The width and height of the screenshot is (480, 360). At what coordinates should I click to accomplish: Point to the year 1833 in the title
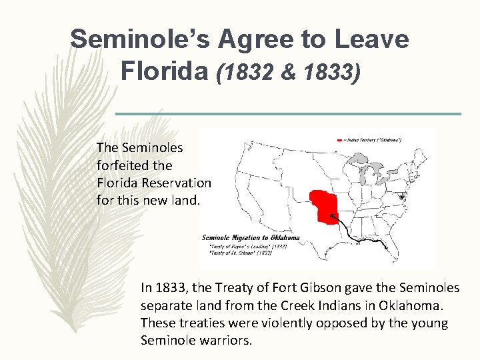tap(326, 71)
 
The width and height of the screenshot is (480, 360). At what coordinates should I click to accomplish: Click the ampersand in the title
tap(288, 71)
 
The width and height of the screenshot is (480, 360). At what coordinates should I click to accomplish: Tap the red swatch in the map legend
tap(339, 140)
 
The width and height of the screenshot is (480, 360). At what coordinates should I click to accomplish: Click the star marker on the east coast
tap(401, 197)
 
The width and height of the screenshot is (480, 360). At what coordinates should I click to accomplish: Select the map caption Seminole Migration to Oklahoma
tap(251, 238)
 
